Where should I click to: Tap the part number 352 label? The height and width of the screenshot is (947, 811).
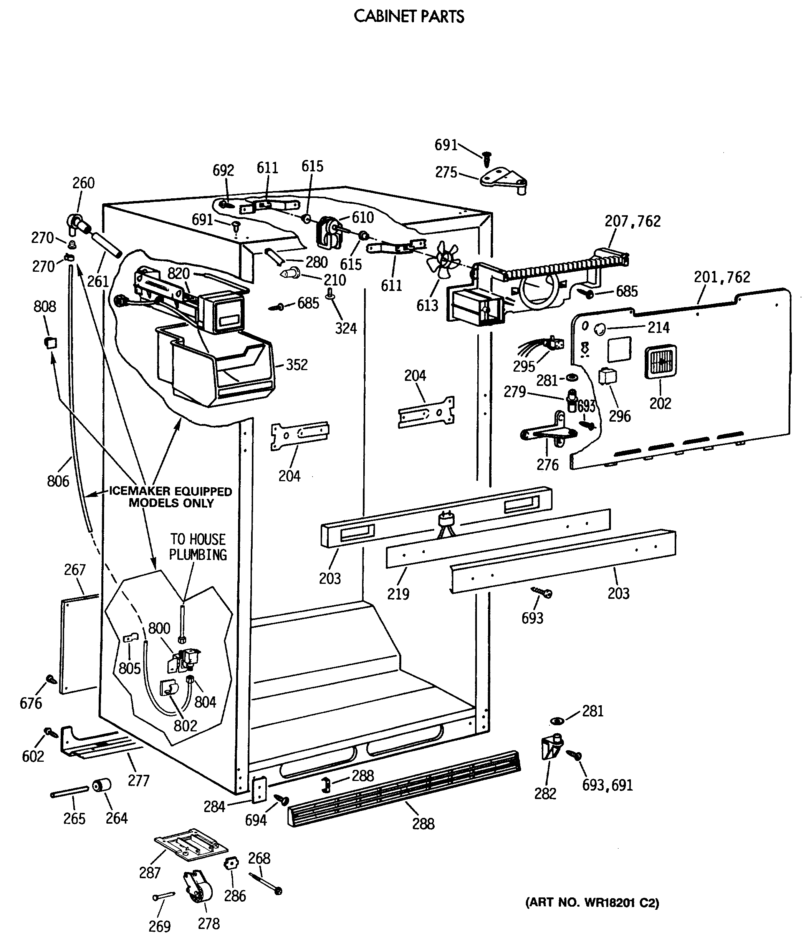tap(296, 365)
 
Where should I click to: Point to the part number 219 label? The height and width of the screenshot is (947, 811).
tap(398, 594)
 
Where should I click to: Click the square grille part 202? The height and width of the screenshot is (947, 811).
tap(660, 362)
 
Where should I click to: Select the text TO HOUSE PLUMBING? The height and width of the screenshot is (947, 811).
tap(198, 547)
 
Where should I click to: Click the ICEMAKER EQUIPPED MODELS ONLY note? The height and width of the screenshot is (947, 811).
tap(170, 497)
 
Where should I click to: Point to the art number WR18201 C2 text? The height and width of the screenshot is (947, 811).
tap(592, 903)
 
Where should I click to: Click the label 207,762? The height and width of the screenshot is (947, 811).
tap(632, 221)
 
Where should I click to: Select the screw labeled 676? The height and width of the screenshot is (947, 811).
tap(51, 679)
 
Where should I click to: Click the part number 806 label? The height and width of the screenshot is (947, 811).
tap(58, 481)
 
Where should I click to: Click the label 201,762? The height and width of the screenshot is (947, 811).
tap(722, 277)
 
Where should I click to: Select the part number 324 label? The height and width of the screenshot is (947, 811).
tap(346, 328)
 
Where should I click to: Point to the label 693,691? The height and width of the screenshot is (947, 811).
tap(607, 785)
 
